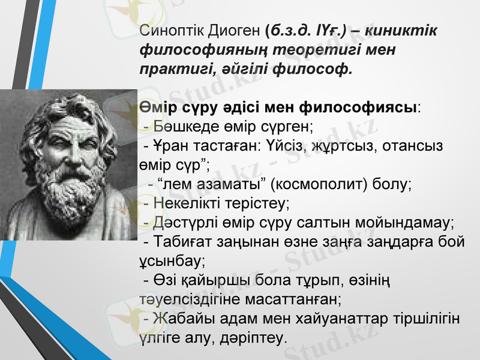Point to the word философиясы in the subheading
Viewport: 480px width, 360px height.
pos(359,107)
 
